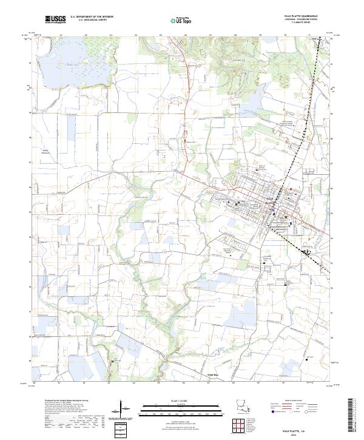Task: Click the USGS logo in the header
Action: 55,20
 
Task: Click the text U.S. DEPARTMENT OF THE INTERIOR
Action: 92,18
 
